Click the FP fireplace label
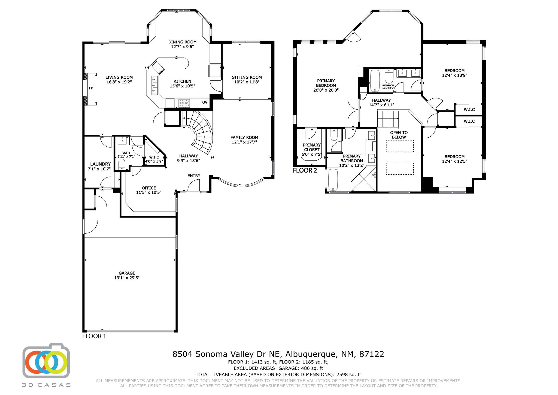91,88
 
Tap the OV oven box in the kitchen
205,102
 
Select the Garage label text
127,273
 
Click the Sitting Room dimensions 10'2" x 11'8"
247,82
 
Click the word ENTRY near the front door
194,176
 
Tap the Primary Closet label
312,147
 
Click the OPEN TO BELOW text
399,135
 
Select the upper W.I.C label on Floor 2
469,110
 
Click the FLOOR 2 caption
305,171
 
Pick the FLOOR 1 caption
94,336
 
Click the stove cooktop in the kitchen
184,103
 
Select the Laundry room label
100,164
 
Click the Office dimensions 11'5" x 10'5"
149,192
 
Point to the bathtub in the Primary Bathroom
332,180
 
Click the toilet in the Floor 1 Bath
122,164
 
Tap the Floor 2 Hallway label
381,100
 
